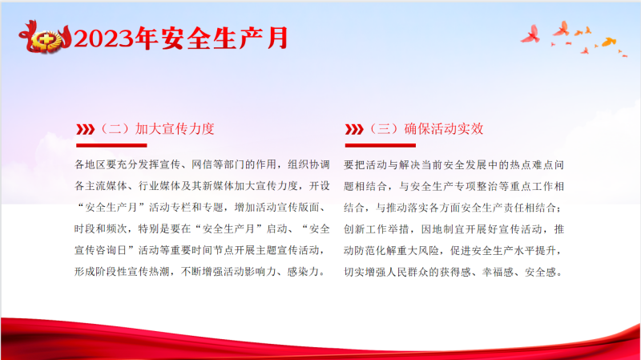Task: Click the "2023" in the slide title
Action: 104,39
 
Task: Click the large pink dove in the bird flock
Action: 530,34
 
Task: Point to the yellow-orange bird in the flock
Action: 609,42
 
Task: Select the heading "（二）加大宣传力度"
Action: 157,129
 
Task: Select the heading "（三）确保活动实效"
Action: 426,129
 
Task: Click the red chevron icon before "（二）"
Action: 86,129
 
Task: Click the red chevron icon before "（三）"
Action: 354,129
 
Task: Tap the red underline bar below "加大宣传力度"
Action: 111,145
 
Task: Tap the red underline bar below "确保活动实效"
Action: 380,145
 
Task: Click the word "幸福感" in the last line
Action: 498,272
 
